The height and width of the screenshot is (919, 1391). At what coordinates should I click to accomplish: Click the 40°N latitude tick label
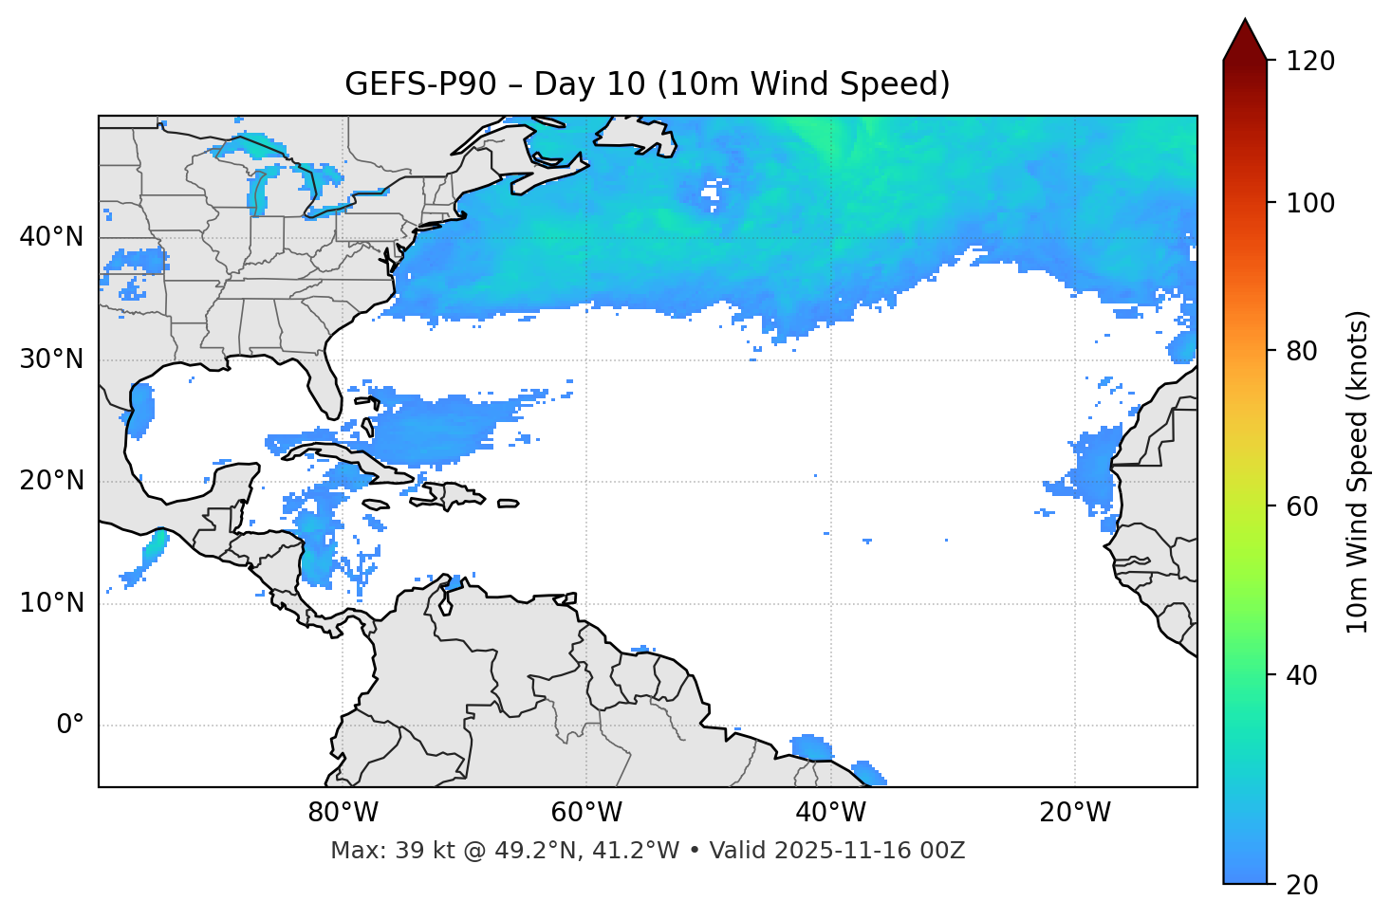pos(51,237)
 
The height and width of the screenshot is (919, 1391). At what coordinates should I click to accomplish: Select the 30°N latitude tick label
pos(51,359)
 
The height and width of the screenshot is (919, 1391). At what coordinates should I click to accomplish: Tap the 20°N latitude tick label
pos(51,481)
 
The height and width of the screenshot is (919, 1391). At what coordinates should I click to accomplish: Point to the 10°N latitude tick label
pos(51,603)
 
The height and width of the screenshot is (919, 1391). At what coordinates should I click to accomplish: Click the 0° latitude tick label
pos(70,726)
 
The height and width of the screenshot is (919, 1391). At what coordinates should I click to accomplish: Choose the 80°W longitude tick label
pos(343,813)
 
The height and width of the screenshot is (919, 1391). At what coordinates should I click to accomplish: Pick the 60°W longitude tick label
pos(586,813)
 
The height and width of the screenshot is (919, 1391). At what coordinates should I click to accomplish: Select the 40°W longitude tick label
pos(831,813)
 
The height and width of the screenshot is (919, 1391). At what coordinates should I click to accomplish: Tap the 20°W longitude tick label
pos(1075,813)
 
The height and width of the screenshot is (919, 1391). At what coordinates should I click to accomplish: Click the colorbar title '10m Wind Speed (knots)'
pos(1358,472)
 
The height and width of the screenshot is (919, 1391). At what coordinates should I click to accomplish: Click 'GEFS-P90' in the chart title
pos(420,84)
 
